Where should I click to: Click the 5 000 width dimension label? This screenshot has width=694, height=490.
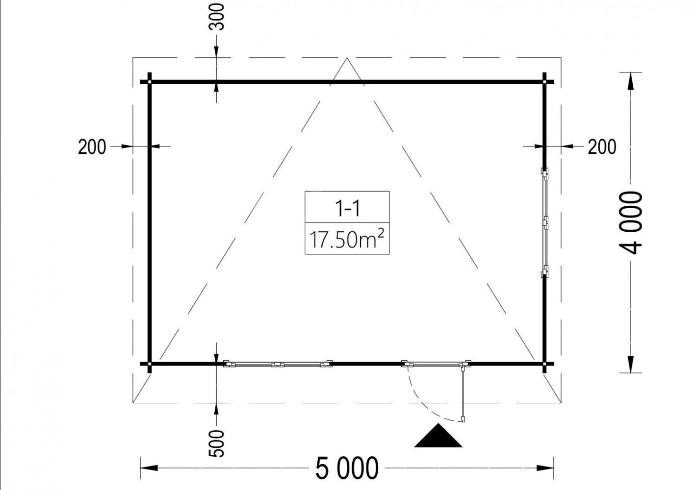347,468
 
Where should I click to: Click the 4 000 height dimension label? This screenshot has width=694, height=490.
631,223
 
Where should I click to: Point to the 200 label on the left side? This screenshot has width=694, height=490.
92,147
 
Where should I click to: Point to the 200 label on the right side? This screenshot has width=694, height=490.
602,147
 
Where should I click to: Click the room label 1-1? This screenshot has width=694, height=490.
347,208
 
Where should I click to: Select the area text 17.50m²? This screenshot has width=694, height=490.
347,239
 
